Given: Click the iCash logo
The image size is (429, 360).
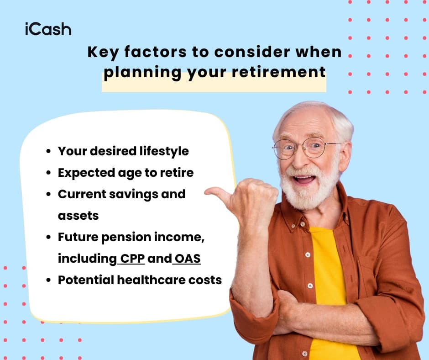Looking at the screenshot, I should (x=48, y=29).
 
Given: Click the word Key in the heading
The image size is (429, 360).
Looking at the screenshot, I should (x=103, y=52).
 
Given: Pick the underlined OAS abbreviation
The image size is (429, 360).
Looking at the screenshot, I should (x=187, y=259).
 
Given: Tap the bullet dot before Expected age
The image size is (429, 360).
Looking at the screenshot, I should (x=48, y=173).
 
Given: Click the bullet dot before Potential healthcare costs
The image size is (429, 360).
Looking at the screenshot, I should (x=48, y=280).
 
